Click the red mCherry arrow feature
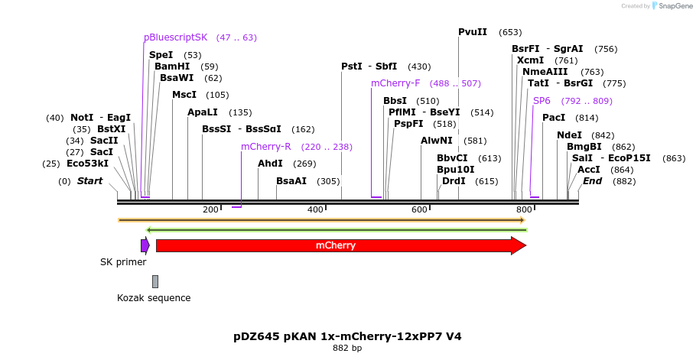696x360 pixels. [337, 245]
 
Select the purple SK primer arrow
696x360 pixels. [145, 245]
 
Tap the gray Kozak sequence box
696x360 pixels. [155, 281]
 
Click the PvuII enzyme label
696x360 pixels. [473, 32]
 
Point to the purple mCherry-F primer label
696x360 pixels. [395, 83]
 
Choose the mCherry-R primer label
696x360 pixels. [265, 147]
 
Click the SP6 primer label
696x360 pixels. [542, 101]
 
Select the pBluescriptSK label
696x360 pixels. [175, 37]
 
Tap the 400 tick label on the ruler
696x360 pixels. [315, 209]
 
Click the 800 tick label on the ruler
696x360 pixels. [524, 209]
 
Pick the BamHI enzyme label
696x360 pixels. [172, 66]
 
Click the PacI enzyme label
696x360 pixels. [554, 118]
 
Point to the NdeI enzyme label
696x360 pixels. [569, 135]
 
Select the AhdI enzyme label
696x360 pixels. [270, 164]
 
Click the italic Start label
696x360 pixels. [89, 181]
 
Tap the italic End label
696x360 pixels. [592, 181]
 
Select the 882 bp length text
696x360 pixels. [347, 349]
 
